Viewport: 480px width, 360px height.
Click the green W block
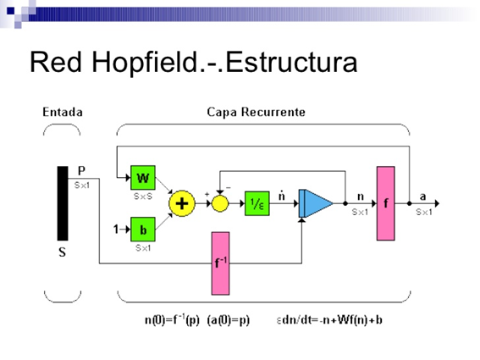pos(143,178)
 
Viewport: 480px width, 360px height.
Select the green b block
pos(143,230)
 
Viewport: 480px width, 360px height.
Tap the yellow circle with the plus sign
pos(181,203)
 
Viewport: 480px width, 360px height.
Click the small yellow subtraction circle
pos(220,203)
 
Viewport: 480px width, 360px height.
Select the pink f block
pos(386,203)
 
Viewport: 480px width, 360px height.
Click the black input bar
pos(62,203)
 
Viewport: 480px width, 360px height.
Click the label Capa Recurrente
pos(257,112)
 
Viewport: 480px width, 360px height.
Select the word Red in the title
pos(58,62)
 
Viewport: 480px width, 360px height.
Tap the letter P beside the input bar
pos(81,171)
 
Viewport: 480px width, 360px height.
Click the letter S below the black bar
pos(62,252)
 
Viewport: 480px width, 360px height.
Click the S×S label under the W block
pos(142,196)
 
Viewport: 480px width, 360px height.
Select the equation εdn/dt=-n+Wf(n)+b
pos(329,321)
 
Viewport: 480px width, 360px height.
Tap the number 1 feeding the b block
pos(117,230)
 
